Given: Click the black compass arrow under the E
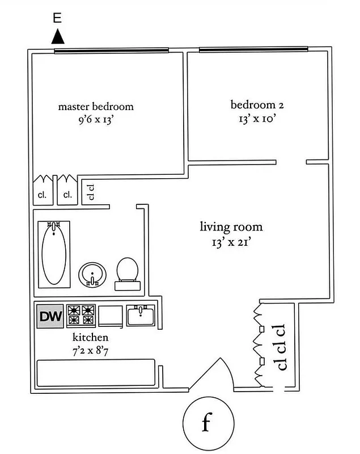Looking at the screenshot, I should pyautogui.click(x=57, y=37).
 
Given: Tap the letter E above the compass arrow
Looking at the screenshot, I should pyautogui.click(x=57, y=18).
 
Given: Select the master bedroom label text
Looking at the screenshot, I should pyautogui.click(x=96, y=106).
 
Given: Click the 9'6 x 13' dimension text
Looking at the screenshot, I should pyautogui.click(x=96, y=120).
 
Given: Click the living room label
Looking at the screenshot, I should pyautogui.click(x=231, y=228).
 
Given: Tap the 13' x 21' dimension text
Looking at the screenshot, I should pyautogui.click(x=231, y=242).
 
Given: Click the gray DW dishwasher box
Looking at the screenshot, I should pyautogui.click(x=50, y=316).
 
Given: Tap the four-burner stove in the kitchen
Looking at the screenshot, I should pyautogui.click(x=80, y=316).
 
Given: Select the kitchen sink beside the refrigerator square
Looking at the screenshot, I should pyautogui.click(x=139, y=315).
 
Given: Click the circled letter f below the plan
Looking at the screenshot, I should pyautogui.click(x=207, y=424).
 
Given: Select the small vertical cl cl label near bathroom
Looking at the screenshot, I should pyautogui.click(x=90, y=194).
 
